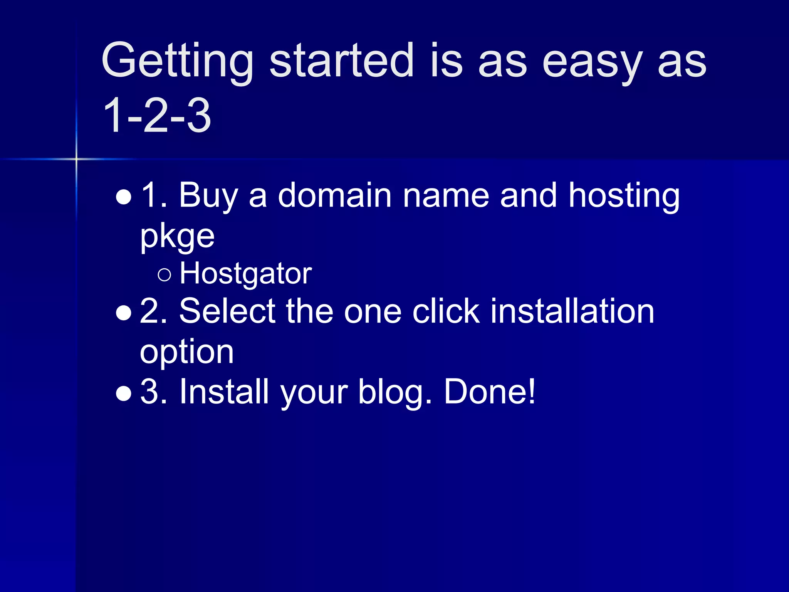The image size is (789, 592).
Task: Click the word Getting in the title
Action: (177, 62)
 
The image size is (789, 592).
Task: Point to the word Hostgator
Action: (246, 274)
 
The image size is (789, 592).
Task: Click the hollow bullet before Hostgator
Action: (164, 274)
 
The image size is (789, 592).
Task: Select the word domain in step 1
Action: (335, 195)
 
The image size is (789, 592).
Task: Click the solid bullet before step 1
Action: (124, 197)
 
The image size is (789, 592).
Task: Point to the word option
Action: (187, 353)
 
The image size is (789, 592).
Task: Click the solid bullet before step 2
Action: (124, 313)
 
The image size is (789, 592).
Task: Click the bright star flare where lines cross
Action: (76, 159)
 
